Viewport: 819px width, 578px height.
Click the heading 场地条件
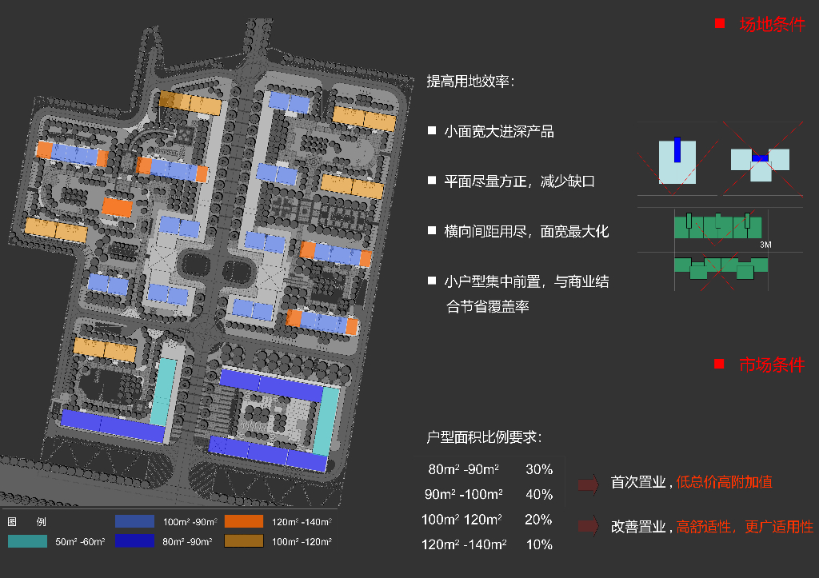(772, 24)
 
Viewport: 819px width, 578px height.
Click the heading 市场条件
(771, 365)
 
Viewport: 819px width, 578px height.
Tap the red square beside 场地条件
(719, 24)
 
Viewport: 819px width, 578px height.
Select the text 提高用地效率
(469, 82)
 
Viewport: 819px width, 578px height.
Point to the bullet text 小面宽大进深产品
(499, 131)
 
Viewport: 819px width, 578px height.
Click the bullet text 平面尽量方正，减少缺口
(520, 181)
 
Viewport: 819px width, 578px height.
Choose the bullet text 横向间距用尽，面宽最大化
(526, 231)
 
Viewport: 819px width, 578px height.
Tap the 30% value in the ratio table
(539, 469)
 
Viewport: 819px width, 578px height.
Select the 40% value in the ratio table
(539, 494)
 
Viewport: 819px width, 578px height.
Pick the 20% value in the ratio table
(538, 520)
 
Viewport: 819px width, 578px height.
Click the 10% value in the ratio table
(539, 544)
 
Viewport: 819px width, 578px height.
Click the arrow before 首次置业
(589, 483)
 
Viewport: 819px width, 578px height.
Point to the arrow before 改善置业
(589, 526)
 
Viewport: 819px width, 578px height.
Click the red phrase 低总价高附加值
(724, 482)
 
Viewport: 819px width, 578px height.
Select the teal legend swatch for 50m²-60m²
(27, 541)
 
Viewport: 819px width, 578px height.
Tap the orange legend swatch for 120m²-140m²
(244, 521)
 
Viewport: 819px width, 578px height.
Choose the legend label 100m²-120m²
(302, 542)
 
